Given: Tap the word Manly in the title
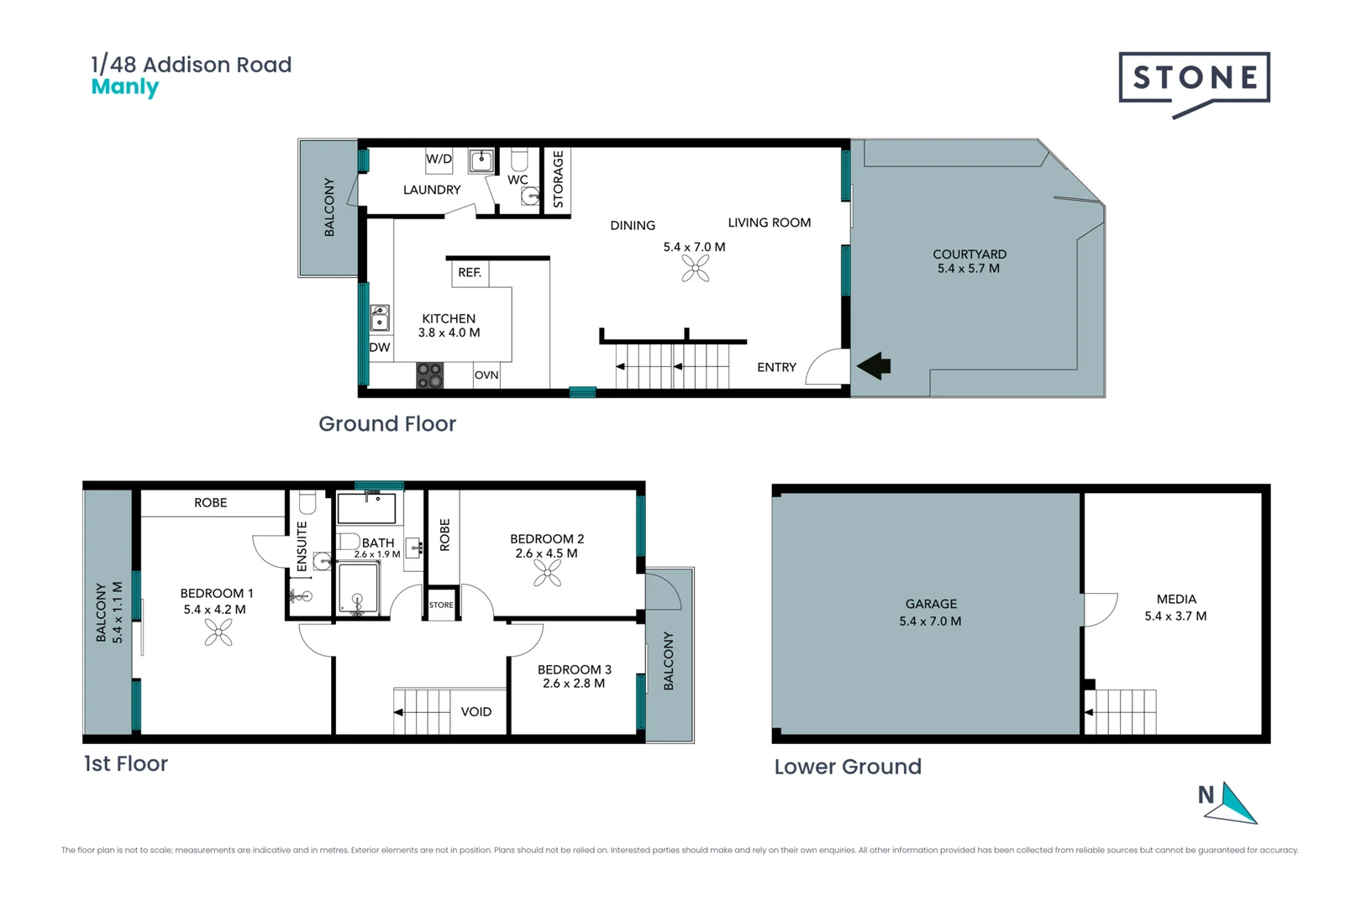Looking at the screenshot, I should coord(124,87).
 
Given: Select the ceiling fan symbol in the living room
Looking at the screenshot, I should coord(696,268).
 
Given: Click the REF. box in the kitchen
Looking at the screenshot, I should coord(470,273).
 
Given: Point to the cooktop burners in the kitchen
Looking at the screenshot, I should coord(430,375).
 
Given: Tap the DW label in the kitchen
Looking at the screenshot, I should coord(380,348).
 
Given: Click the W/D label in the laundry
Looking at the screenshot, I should coord(439,159).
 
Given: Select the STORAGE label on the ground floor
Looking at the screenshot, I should coord(558,179).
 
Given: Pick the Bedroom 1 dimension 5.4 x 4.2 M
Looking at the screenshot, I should coord(214,610).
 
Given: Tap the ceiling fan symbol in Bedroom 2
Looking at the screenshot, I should coord(547,573).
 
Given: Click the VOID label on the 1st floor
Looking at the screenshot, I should coord(476,712).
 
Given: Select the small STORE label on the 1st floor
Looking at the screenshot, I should coord(441,605).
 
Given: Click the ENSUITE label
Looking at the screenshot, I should coord(302,547).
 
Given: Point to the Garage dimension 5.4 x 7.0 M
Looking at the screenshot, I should coord(930,621).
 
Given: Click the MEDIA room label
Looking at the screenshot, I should coord(1176,599).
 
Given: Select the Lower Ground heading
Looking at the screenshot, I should coord(847,767).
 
